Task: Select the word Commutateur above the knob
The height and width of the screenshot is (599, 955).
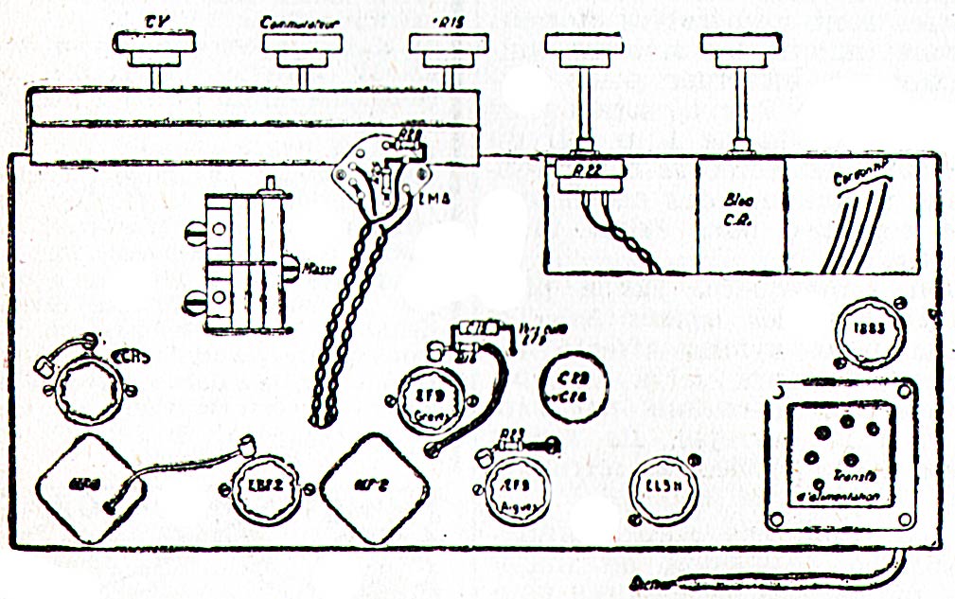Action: pyautogui.click(x=302, y=22)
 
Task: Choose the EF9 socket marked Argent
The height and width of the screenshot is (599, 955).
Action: pyautogui.click(x=512, y=487)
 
